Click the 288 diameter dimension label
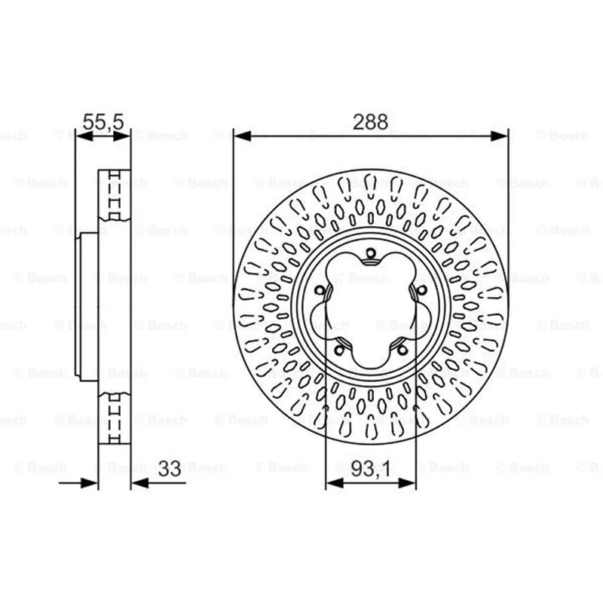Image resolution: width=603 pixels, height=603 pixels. [370, 122]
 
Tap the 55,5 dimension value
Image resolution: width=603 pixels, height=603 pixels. [103, 122]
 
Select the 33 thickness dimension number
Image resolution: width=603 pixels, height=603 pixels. [170, 469]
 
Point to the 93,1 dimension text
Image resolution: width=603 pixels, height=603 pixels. [371, 469]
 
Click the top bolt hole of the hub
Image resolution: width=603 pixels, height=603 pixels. [371, 253]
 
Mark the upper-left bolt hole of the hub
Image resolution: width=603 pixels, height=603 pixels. [320, 290]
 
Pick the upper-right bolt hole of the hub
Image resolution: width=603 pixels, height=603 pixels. [422, 290]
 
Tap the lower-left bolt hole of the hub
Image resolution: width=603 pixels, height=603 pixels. [339, 350]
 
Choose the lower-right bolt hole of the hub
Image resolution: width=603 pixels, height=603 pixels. [403, 350]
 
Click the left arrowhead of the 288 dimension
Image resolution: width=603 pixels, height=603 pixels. [242, 136]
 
